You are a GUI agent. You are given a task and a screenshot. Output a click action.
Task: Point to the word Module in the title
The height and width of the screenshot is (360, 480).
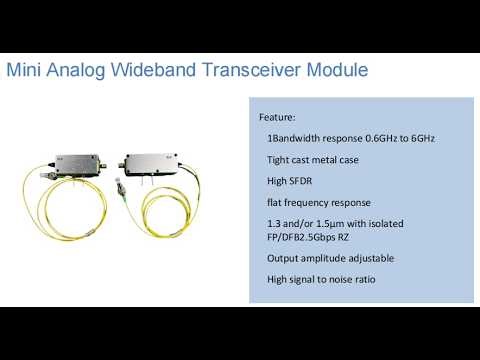tap(339, 71)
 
